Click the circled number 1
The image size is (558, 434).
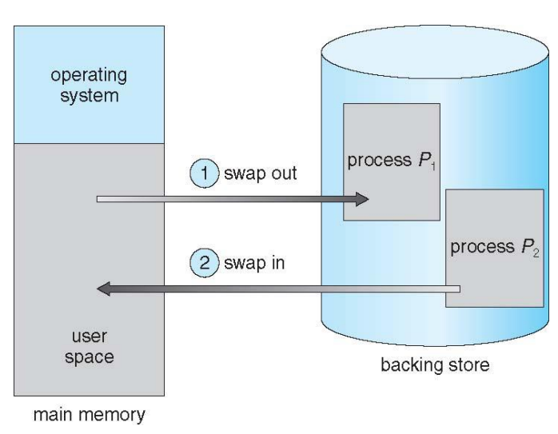point(205,173)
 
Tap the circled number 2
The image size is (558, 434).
point(205,263)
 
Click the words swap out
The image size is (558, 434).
point(261,173)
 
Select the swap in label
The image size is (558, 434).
point(254,263)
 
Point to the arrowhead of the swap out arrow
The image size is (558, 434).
point(362,199)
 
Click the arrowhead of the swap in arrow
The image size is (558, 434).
point(104,289)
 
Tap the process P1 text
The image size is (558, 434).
point(392,161)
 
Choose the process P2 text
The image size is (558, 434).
point(495,247)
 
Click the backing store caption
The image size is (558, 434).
point(435,364)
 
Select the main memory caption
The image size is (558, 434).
point(90,415)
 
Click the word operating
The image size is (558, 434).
point(89,76)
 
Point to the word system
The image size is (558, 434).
point(90,96)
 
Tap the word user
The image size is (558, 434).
point(90,336)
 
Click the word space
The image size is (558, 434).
point(90,357)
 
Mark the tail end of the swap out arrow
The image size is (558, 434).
point(98,199)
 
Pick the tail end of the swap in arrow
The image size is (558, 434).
point(459,289)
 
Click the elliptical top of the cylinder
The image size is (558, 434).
point(435,52)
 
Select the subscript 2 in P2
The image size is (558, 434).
point(536,253)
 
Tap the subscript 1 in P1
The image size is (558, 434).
point(433,166)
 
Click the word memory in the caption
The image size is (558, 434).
point(112,415)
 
